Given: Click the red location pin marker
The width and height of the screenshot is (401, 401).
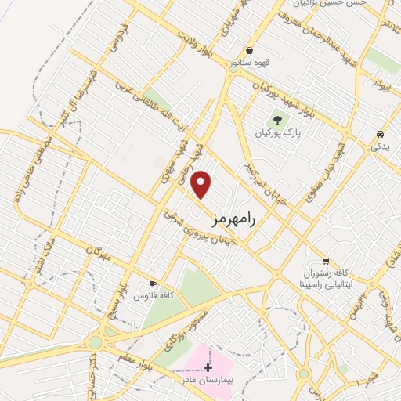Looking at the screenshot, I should pyautogui.click(x=202, y=184).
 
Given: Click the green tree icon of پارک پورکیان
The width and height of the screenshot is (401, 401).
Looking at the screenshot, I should pyautogui.click(x=276, y=120).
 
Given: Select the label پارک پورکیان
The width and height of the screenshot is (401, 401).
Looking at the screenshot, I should pyautogui.click(x=277, y=133).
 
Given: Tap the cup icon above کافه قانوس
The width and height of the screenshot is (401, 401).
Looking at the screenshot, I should pyautogui.click(x=154, y=284).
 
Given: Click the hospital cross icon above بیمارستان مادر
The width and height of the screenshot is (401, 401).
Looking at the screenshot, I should pyautogui.click(x=208, y=367).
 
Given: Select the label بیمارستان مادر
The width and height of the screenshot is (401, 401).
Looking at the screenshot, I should pyautogui.click(x=208, y=379).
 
